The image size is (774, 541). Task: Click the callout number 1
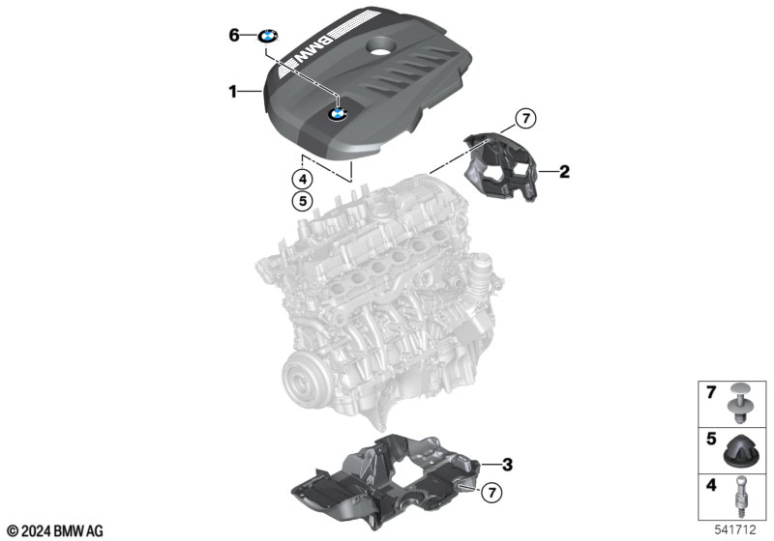tap(232, 92)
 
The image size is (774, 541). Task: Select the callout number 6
tap(234, 36)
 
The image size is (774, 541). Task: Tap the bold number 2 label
tap(564, 171)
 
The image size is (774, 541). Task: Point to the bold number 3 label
tap(507, 464)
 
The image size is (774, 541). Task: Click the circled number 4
tap(302, 179)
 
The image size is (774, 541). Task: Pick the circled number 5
tap(302, 201)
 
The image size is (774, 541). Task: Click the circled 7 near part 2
tap(525, 119)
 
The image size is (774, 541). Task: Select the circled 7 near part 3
tap(491, 493)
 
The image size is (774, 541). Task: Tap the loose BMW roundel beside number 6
tap(268, 37)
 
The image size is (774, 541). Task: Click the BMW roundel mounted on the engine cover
tap(338, 114)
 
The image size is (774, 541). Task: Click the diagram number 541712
tap(735, 529)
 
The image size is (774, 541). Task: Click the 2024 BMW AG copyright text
tap(55, 531)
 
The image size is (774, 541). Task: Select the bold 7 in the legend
tap(711, 393)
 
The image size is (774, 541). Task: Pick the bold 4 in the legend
tap(711, 485)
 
